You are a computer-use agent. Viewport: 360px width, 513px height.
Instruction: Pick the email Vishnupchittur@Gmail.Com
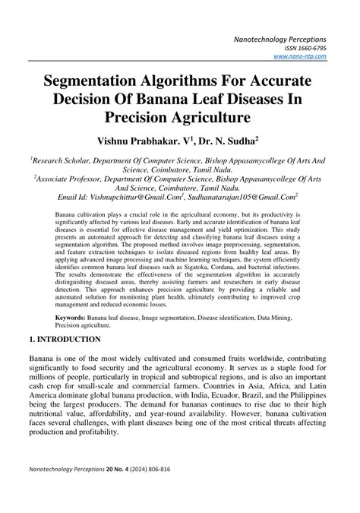(144, 196)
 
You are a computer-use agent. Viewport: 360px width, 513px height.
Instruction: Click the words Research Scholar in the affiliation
(59, 161)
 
